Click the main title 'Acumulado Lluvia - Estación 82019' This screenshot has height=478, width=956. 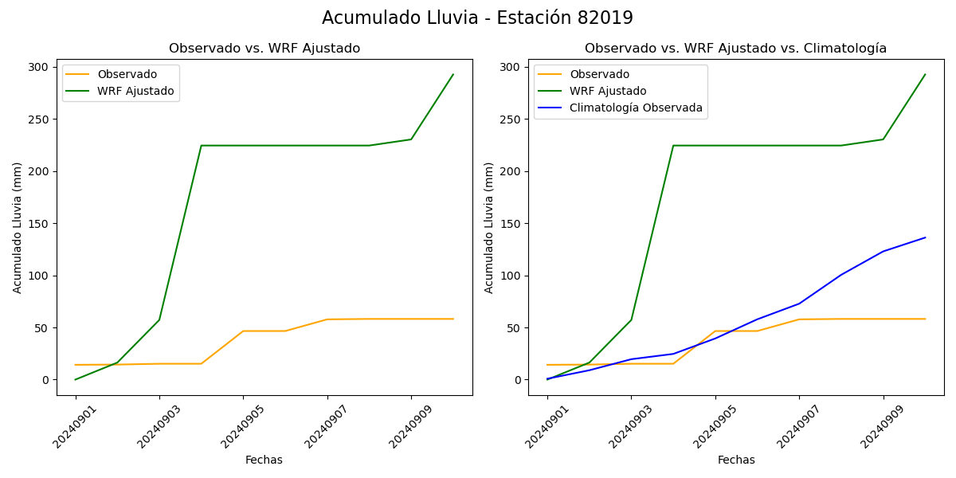(x=477, y=18)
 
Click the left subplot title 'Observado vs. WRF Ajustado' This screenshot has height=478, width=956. (x=264, y=49)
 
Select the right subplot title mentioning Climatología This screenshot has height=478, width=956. (x=735, y=49)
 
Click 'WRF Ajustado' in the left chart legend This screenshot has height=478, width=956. (x=135, y=91)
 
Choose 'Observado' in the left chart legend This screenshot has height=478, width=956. (x=127, y=74)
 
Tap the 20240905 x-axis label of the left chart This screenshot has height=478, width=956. (x=230, y=425)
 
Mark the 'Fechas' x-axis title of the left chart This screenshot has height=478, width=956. (x=264, y=460)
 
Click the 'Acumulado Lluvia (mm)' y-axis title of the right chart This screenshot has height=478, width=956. (x=489, y=227)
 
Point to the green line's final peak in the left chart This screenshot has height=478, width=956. (x=453, y=75)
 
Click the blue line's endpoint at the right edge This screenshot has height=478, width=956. (x=925, y=237)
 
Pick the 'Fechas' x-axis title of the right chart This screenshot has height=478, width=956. (x=736, y=460)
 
